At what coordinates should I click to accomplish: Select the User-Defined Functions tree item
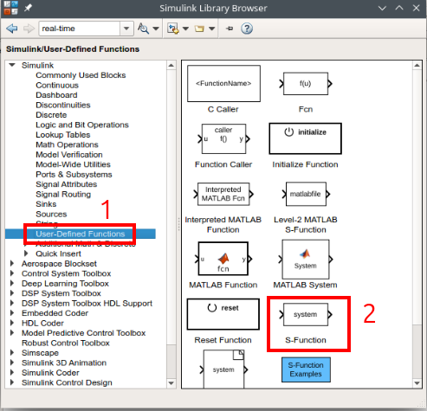coord(80,234)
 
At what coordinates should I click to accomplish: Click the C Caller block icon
coord(223,84)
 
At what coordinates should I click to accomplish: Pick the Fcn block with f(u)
coord(305,84)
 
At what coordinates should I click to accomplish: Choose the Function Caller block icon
coord(223,138)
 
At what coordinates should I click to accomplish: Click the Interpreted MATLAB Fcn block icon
coord(223,191)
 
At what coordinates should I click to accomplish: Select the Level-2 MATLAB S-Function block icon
coord(305,191)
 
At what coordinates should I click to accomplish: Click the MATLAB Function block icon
coord(223,259)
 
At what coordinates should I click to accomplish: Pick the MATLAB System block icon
coord(305,259)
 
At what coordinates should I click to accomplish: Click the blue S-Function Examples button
coord(305,369)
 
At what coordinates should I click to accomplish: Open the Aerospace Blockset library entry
coord(60,263)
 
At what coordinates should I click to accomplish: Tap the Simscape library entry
coord(40,353)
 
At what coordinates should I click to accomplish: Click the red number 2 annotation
coord(369,313)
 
